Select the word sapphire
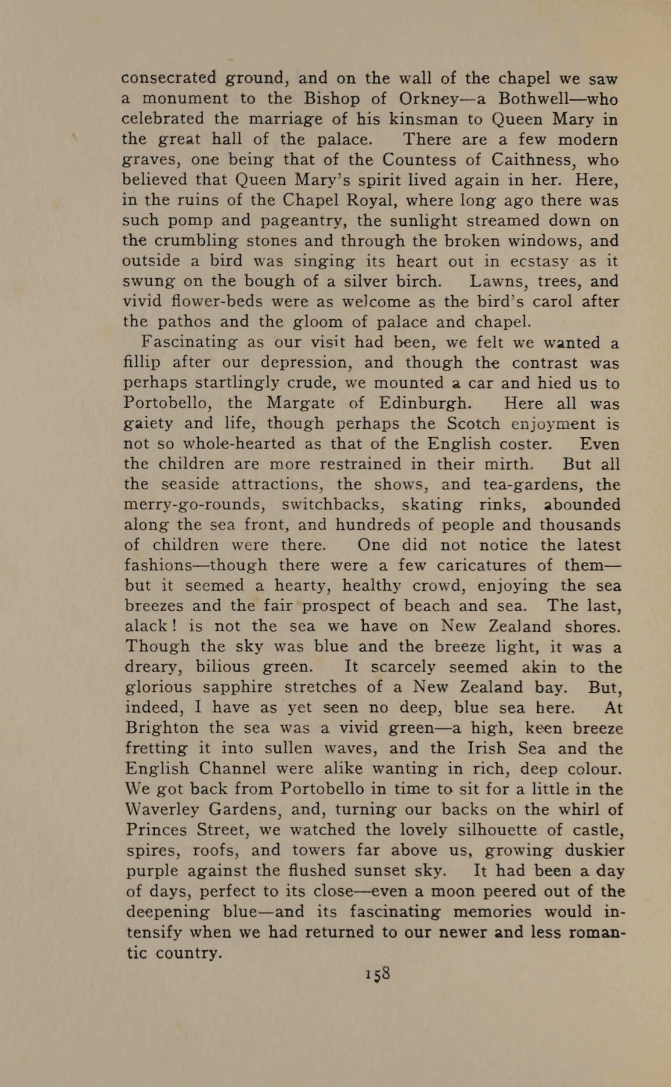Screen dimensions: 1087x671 click(238, 687)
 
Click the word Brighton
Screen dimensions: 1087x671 click(161, 728)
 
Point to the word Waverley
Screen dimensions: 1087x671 click(164, 809)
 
